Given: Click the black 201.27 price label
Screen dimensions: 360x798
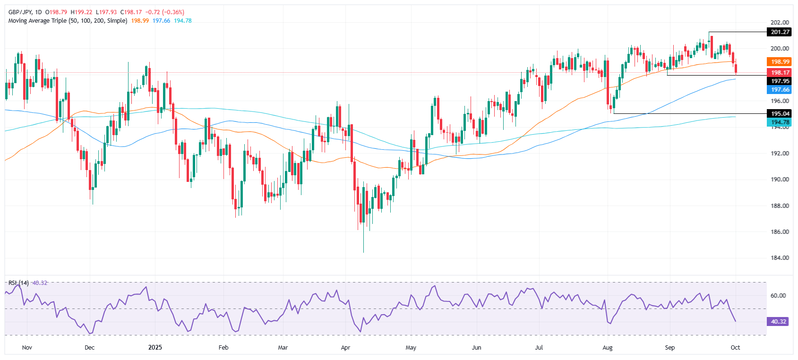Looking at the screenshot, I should point(780,32).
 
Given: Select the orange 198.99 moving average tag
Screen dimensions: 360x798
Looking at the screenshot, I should point(780,62).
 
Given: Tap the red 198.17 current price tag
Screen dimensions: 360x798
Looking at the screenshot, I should point(780,73).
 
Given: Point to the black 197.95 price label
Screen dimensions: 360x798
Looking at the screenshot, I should point(780,81).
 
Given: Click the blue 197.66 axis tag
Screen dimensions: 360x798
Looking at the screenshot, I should point(780,90).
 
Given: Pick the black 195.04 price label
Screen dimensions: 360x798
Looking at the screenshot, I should point(780,114).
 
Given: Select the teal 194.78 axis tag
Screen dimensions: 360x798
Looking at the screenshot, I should point(780,122).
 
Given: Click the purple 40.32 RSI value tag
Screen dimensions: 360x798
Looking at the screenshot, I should point(778,322).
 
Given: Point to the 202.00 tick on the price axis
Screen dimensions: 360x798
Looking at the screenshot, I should point(780,23).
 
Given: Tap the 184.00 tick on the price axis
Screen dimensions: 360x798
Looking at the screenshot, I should point(780,258).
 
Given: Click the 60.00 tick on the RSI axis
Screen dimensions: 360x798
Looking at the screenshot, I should point(778,296).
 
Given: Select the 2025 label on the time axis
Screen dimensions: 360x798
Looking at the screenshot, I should point(155,348).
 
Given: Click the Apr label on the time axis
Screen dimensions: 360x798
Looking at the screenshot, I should point(345,348).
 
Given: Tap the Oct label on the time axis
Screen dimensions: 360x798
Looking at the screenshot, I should point(735,348).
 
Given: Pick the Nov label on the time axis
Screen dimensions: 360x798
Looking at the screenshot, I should point(27,348).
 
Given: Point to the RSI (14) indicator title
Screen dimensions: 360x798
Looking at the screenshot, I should point(18,283).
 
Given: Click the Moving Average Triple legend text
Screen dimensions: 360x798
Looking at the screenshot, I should point(68,21).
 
